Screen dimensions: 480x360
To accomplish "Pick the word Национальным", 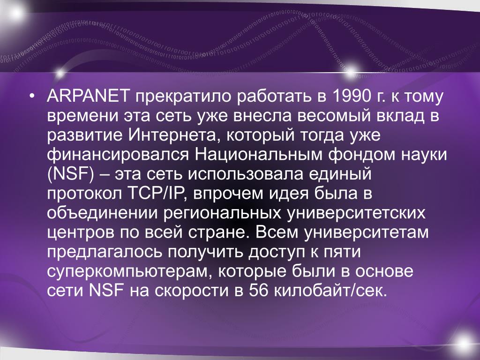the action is [258, 155].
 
